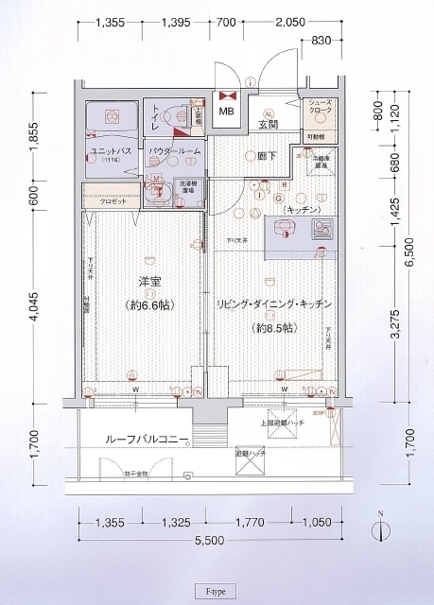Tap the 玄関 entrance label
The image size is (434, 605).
pyautogui.click(x=268, y=125)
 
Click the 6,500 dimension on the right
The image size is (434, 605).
pyautogui.click(x=408, y=253)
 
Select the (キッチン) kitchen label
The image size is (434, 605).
pyautogui.click(x=299, y=208)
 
